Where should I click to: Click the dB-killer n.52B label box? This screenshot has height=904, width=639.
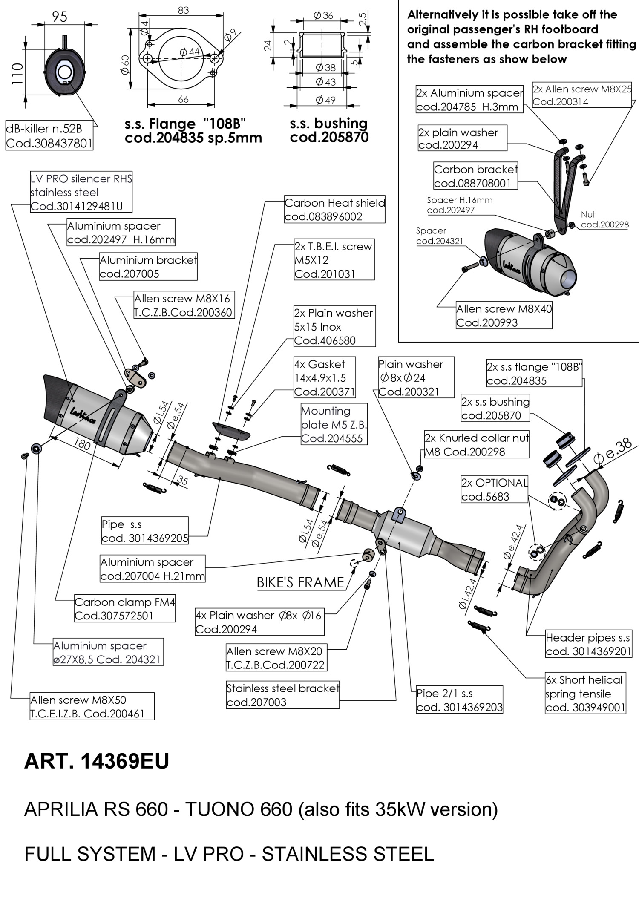(x=49, y=135)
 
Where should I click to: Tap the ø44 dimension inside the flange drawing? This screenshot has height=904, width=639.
(x=190, y=52)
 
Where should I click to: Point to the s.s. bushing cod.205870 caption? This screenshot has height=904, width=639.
(x=329, y=130)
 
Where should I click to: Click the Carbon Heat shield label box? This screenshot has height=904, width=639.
(x=334, y=210)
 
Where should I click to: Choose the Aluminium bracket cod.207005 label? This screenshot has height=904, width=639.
(x=148, y=267)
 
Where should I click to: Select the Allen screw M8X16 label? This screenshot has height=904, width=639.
(x=183, y=305)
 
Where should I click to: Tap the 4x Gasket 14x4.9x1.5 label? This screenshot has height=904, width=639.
(x=324, y=377)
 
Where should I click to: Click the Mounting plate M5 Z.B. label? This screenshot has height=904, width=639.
(x=334, y=424)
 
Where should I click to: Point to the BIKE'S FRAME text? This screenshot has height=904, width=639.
(x=300, y=582)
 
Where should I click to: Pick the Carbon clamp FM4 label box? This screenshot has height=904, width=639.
(x=124, y=608)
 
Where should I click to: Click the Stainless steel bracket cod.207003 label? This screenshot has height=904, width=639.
(x=282, y=695)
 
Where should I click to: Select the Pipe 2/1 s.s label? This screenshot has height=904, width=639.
(x=459, y=700)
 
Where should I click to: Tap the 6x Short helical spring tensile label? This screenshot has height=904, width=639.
(x=585, y=694)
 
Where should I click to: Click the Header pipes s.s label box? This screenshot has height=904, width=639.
(x=588, y=644)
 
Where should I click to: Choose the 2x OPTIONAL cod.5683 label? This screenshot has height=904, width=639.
(x=494, y=489)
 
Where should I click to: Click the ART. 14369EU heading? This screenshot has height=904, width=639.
(x=97, y=761)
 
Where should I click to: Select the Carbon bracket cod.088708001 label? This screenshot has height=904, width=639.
(x=476, y=176)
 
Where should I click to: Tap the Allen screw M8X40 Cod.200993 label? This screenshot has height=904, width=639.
(x=504, y=315)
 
